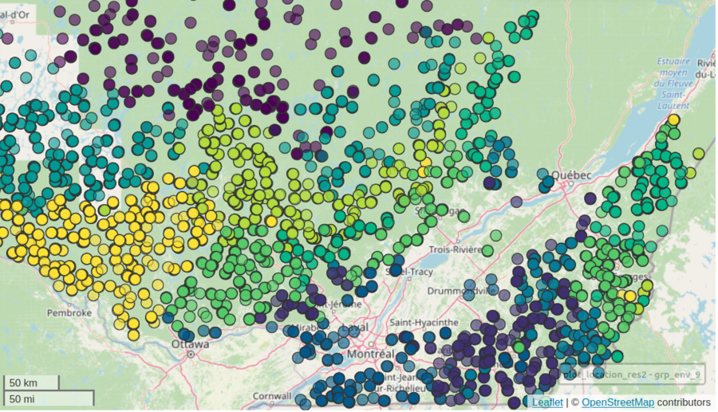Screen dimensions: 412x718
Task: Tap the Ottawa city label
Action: click(190, 344)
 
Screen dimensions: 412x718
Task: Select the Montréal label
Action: click(371, 353)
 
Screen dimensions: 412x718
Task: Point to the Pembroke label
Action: click(69, 312)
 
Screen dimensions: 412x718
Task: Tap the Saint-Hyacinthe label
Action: click(424, 322)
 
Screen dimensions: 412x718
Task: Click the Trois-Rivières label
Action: click(452, 249)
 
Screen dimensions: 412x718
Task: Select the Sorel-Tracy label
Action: click(407, 271)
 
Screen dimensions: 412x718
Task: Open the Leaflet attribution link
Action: click(546, 402)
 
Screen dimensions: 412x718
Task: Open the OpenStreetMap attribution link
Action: click(617, 402)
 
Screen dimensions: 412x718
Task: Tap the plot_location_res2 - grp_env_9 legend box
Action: click(630, 372)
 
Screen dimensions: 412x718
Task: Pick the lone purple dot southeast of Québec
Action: click(590, 198)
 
